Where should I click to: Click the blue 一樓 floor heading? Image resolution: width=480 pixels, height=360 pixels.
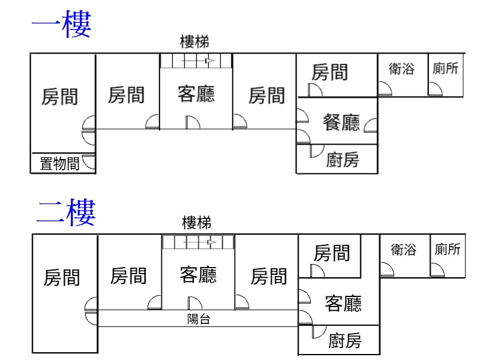61,25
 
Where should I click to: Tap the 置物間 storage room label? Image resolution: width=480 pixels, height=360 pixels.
59,164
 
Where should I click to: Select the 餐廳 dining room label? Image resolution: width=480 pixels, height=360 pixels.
341,123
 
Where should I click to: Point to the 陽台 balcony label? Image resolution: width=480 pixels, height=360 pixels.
199,320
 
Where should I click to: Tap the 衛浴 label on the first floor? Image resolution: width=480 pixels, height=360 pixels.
401,69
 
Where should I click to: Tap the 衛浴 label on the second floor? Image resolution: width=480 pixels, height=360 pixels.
403,250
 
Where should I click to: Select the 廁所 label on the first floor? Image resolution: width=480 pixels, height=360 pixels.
445,69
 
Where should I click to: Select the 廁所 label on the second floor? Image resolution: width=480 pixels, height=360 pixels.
448,250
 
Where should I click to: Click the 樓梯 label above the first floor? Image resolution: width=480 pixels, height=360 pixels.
194,42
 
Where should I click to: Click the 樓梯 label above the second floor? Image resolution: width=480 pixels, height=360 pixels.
197,223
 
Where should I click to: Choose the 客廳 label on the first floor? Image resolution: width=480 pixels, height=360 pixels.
196,94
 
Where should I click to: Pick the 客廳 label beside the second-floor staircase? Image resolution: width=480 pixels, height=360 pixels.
199,275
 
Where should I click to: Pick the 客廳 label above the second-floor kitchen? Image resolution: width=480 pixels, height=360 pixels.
343,304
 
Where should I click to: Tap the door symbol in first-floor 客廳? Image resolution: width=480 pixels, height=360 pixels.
192,122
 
